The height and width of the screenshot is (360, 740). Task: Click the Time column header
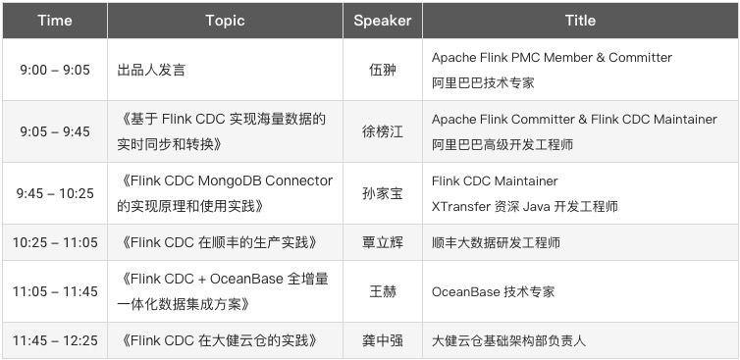point(55,21)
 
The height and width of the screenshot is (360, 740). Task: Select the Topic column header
point(225,21)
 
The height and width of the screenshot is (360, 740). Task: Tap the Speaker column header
point(383,21)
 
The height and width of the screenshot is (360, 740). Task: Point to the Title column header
point(580,21)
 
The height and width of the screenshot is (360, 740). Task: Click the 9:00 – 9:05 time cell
point(55,70)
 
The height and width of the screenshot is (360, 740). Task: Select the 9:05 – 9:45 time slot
point(55,131)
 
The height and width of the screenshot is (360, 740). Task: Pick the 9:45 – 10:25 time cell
point(55,193)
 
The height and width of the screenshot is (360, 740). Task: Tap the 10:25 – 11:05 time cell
point(55,242)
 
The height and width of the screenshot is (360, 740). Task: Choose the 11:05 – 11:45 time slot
point(55,291)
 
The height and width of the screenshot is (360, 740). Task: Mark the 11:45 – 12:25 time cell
point(55,340)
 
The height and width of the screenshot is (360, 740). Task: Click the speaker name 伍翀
point(383,70)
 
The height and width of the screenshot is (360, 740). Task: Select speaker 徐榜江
point(383,131)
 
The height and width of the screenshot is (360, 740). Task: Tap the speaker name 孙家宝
point(383,193)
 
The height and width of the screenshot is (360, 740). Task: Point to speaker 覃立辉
point(383,242)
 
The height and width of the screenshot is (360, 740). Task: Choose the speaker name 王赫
point(383,291)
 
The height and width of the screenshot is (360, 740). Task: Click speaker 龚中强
point(383,340)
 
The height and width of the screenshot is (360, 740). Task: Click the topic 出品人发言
point(151,70)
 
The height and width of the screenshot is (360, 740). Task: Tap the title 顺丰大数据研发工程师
point(496,242)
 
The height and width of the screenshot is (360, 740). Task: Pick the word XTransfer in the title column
point(461,206)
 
